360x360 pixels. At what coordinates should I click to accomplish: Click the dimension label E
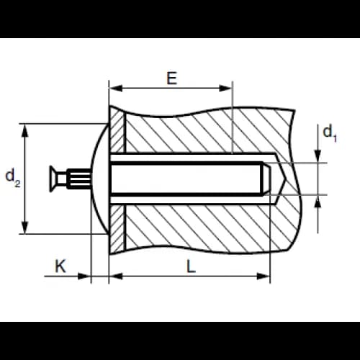[x=172, y=78]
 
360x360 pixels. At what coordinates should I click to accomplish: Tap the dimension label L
[x=191, y=266]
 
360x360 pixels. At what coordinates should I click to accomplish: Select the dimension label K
[x=60, y=266]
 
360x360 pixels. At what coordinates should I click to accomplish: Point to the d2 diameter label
[x=13, y=178]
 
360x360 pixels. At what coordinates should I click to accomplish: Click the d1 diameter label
[x=330, y=134]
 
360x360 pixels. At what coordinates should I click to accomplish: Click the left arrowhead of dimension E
[x=116, y=88]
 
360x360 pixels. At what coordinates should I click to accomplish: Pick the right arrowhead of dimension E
[x=225, y=88]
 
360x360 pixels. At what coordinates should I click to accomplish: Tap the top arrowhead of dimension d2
[x=24, y=130]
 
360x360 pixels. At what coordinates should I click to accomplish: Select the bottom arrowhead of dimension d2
[x=24, y=227]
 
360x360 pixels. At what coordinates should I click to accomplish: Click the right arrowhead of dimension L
[x=264, y=276]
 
